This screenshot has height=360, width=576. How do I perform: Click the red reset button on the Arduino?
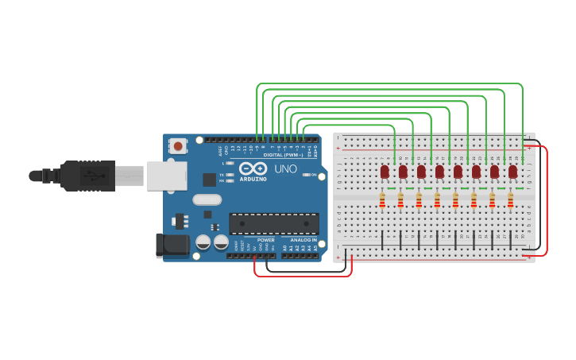pyautogui.click(x=178, y=146)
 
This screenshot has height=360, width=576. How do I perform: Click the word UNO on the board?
pyautogui.click(x=285, y=169)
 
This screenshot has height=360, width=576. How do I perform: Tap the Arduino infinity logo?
pyautogui.click(x=253, y=169)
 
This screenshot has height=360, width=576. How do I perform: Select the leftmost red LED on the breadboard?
pyautogui.click(x=385, y=171)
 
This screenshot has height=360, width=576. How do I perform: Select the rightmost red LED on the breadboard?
pyautogui.click(x=512, y=171)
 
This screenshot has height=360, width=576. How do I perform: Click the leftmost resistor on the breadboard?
pyautogui.click(x=382, y=200)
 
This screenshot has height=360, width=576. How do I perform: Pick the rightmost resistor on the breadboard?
pyautogui.click(x=510, y=200)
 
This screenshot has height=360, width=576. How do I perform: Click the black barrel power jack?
pyautogui.click(x=172, y=246)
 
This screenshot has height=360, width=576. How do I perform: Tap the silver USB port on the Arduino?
pyautogui.click(x=167, y=176)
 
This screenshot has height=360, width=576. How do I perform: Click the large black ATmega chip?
pyautogui.click(x=274, y=223)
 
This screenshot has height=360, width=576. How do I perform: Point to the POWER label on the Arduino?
pyautogui.click(x=265, y=239)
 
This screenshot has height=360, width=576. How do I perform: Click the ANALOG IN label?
pyautogui.click(x=303, y=239)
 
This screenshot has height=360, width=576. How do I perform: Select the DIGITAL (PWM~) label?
pyautogui.click(x=283, y=155)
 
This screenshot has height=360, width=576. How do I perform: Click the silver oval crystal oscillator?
pyautogui.click(x=207, y=199)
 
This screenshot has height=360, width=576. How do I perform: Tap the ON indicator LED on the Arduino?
pyautogui.click(x=304, y=175)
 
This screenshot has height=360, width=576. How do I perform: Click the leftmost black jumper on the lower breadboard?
pyautogui.click(x=383, y=239)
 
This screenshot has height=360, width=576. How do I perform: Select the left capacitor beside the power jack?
pyautogui.click(x=203, y=242)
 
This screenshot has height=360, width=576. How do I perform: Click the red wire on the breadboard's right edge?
pyautogui.click(x=546, y=199)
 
